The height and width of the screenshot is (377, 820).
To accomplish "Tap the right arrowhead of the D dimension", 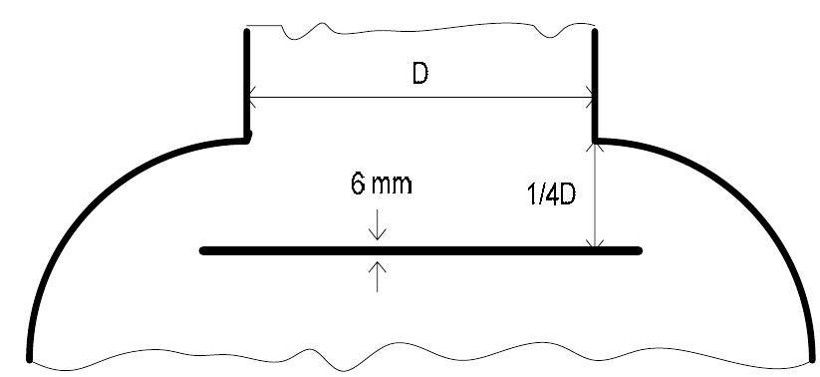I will (590, 97).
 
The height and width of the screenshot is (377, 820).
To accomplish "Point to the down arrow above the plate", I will (378, 235).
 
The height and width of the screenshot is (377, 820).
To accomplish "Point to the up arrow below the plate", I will (378, 266).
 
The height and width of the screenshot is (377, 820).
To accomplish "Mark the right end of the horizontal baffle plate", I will (639, 250).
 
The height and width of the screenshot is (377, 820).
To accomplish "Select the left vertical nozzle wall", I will (246, 85).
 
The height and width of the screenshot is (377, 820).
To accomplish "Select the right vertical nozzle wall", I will (596, 85).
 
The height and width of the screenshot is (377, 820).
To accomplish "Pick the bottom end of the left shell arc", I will (31, 357).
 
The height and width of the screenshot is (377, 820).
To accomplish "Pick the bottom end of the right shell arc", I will (810, 355).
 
